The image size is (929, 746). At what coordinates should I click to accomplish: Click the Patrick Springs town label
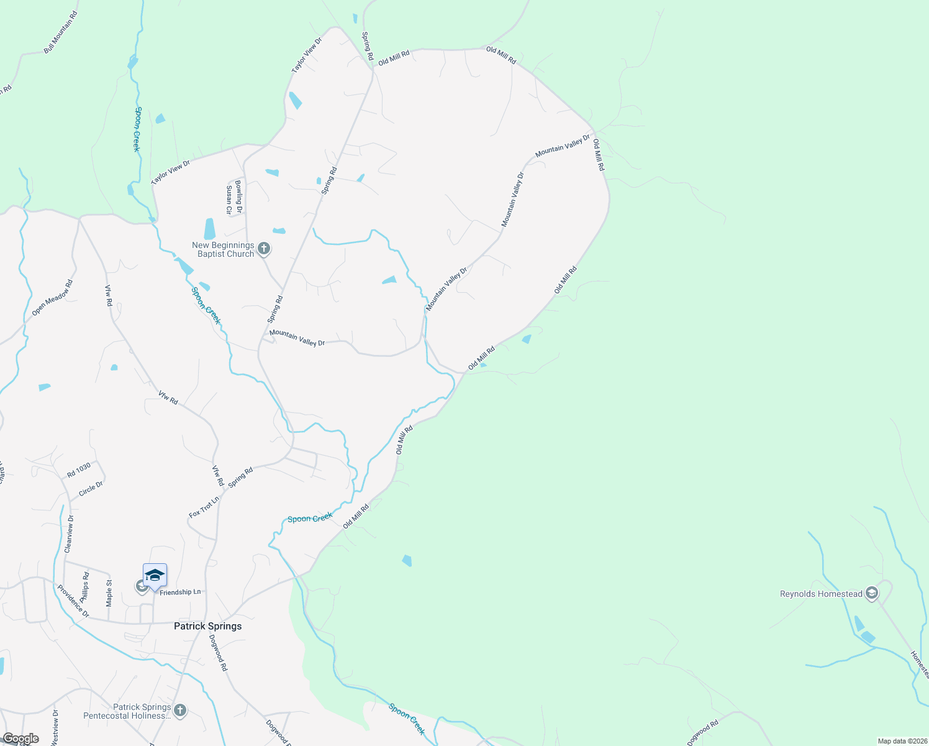point(207,626)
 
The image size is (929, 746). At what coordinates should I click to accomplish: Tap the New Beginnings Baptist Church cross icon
point(263,249)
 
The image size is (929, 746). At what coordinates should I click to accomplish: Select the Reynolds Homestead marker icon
point(871,594)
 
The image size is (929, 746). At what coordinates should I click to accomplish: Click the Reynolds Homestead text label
point(821,594)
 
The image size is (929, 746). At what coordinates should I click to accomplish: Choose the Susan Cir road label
point(229,200)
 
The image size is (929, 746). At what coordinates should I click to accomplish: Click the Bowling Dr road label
point(238,196)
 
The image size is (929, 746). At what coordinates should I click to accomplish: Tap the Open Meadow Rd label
point(52,297)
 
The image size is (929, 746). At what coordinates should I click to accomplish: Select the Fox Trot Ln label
point(204,507)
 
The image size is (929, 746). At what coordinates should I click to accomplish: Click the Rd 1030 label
point(79,470)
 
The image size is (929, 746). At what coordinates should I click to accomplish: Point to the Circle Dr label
point(91,490)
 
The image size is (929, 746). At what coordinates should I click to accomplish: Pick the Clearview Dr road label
point(69,533)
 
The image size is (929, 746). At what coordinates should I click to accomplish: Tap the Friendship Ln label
point(180,592)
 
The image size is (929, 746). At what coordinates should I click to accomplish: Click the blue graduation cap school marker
point(155,576)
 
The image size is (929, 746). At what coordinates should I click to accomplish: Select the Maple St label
point(109,593)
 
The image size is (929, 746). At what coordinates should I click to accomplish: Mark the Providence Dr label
point(73,601)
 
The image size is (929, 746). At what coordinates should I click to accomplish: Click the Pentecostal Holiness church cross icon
point(180,711)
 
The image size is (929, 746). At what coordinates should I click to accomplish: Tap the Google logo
point(20,739)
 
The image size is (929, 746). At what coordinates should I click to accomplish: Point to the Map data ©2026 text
point(901,741)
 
